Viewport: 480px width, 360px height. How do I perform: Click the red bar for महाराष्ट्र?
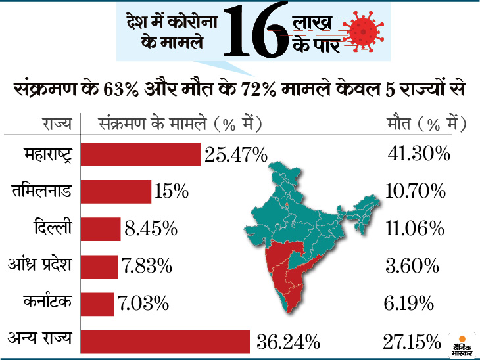[x=140, y=154]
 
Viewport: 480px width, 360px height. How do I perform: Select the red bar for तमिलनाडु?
[x=116, y=192]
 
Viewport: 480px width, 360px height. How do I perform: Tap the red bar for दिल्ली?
[x=101, y=229]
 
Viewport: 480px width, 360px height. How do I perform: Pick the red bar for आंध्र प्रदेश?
[x=99, y=266]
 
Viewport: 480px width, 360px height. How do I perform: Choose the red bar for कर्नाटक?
[x=97, y=304]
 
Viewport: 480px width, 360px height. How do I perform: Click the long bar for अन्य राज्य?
[x=165, y=341]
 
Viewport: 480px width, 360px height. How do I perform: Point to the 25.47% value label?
[x=235, y=156]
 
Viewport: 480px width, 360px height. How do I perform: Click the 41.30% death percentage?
[x=419, y=154]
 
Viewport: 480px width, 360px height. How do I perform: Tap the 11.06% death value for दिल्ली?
[x=415, y=229]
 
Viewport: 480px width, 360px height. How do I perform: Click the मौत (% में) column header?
[x=425, y=123]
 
